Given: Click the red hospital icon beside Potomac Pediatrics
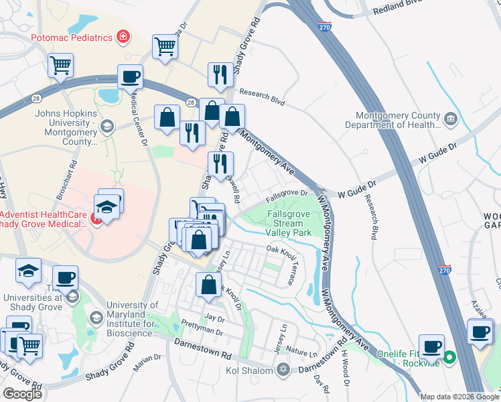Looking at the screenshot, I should [123, 37].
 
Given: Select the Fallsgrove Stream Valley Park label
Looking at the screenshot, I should [289, 223].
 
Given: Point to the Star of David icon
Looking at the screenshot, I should [283, 370].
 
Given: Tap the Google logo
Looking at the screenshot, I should [22, 393].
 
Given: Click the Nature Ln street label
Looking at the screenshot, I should [301, 352].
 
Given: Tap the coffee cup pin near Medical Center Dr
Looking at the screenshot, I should [130, 76].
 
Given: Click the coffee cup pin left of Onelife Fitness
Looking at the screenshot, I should [431, 346].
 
